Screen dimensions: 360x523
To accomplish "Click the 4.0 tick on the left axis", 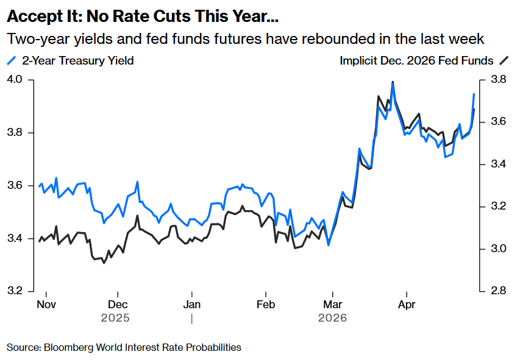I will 15,80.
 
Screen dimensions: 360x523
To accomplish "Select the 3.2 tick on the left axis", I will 15,291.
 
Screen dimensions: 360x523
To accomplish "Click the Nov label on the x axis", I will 46,304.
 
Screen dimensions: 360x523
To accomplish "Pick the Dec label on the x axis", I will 118,304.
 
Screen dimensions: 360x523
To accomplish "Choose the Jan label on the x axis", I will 192,304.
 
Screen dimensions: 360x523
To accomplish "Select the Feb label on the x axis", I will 266,304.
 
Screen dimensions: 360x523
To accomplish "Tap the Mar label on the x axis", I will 332,304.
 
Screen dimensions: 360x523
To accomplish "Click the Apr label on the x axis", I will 407,304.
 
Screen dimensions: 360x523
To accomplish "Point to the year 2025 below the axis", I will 116,318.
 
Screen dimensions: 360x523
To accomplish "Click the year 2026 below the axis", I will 332,318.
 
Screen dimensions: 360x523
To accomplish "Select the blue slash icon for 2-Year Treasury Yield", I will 12,60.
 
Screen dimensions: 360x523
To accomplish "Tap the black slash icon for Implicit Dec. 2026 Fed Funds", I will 503,60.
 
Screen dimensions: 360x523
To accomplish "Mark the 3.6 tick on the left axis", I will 15,185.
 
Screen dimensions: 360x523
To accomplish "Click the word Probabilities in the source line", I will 212,347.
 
